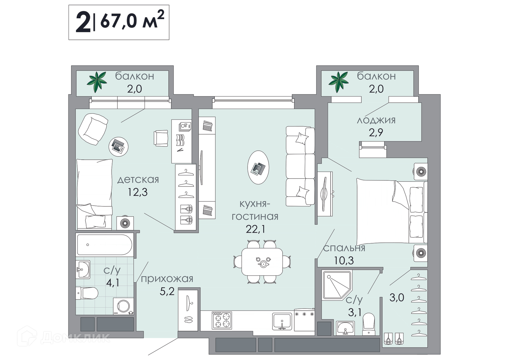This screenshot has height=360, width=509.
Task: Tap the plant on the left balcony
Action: (97, 82)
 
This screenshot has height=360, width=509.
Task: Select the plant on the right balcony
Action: (339, 82)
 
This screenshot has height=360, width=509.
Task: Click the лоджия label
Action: (376, 121)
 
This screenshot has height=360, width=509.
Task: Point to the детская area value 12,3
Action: (138, 192)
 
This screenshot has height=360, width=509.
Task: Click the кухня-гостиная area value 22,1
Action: (255, 229)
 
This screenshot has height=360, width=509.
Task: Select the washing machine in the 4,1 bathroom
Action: (123, 306)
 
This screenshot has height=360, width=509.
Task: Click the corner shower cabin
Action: (337, 285)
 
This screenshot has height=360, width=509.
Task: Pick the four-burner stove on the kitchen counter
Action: (222, 320)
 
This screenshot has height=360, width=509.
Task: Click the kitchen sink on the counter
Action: (282, 321)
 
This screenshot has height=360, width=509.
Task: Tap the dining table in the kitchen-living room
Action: (262, 262)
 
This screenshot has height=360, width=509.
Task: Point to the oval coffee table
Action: (258, 167)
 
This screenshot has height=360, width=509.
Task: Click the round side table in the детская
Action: (119, 147)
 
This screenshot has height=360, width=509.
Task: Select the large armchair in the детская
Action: (93, 129)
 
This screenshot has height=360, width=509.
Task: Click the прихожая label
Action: (167, 279)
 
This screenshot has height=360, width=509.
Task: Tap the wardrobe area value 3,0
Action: (397, 297)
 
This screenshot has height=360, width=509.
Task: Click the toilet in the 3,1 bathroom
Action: (368, 324)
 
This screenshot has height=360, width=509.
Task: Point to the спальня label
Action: (344, 248)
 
